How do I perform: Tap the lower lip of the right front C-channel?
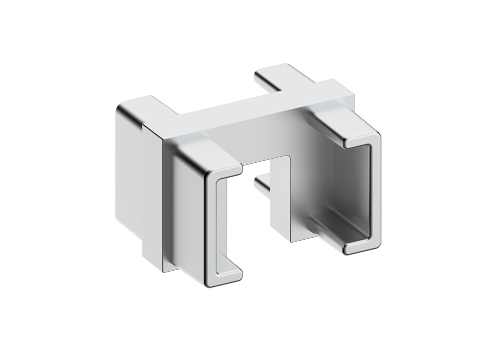coord(362,246)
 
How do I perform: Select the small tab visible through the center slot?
coord(263,186)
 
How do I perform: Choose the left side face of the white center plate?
coord(152,192)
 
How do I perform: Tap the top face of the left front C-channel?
coord(207,153)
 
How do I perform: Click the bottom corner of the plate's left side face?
coord(162,270)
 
